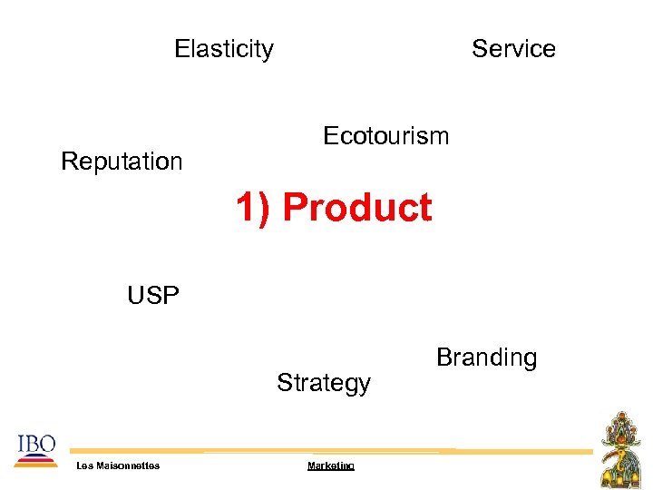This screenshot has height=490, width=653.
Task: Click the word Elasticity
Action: pyautogui.click(x=223, y=49)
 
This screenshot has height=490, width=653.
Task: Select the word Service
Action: pyautogui.click(x=513, y=49)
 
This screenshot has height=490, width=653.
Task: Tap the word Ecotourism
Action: pyautogui.click(x=385, y=136)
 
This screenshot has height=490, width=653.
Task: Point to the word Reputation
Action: pyautogui.click(x=122, y=162)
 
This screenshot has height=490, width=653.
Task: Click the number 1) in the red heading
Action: pyautogui.click(x=253, y=208)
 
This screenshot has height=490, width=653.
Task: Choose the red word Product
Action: pyautogui.click(x=356, y=208)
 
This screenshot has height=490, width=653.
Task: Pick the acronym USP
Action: pyautogui.click(x=153, y=296)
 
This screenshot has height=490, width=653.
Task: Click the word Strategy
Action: pyautogui.click(x=324, y=383)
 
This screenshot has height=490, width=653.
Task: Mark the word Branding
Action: pyautogui.click(x=486, y=358)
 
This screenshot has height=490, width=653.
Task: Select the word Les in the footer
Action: pyautogui.click(x=84, y=465)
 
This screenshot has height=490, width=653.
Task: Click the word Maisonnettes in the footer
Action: pyautogui.click(x=127, y=465)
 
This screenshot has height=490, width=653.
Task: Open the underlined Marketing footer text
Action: pyautogui.click(x=330, y=465)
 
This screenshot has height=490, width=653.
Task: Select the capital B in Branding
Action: pyautogui.click(x=443, y=358)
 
